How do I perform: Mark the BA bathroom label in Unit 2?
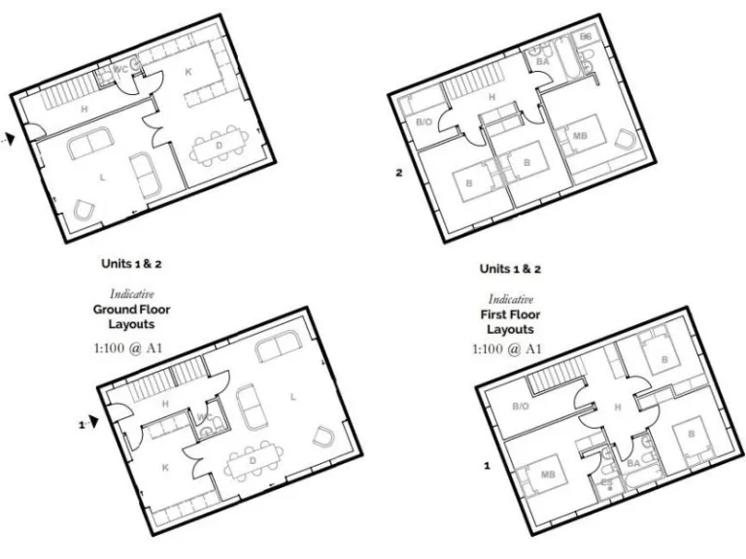(543, 61)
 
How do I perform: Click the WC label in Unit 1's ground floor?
(203, 418)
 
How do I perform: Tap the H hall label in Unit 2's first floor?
(492, 97)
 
